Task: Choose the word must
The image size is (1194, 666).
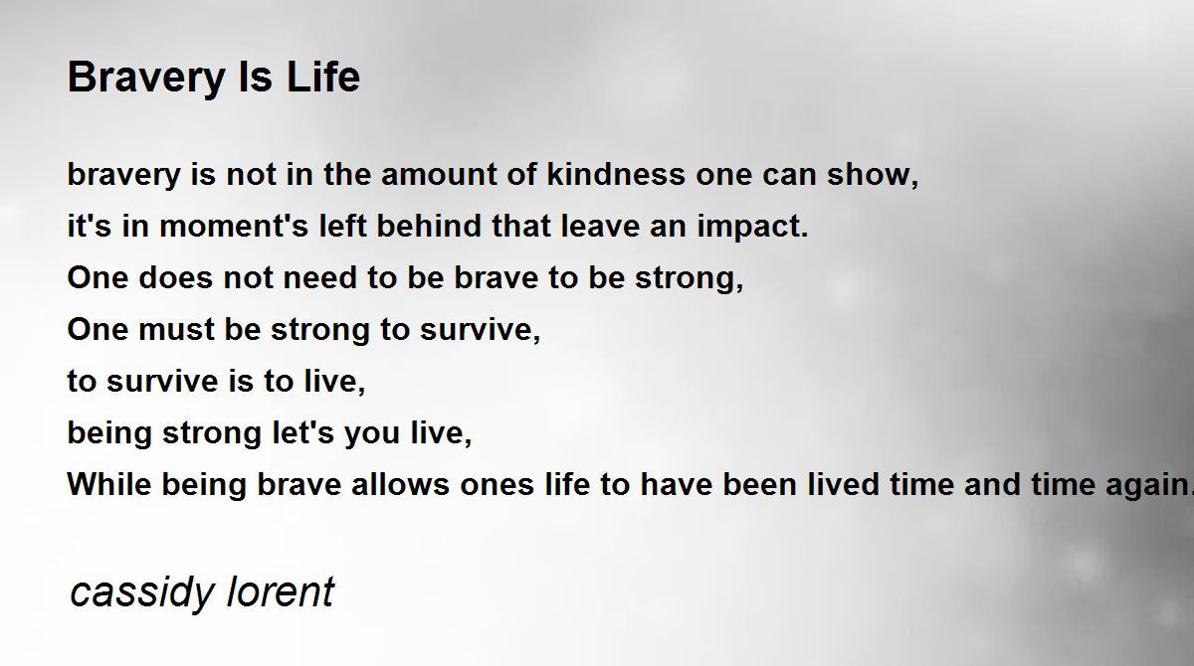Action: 169,330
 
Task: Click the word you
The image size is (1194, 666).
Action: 373,433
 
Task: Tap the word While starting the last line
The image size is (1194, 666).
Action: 105,485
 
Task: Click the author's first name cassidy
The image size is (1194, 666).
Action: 141,592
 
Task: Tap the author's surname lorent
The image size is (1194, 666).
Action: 282,592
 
